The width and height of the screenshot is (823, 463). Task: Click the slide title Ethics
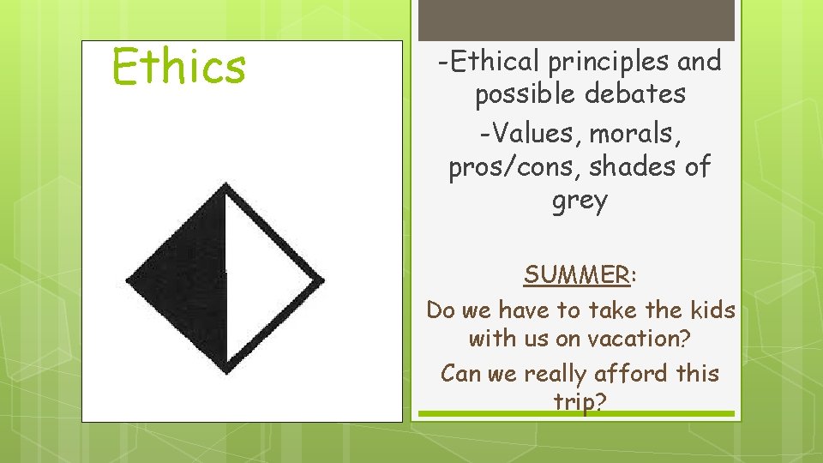(x=179, y=67)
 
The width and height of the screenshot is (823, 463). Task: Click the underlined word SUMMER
(x=576, y=275)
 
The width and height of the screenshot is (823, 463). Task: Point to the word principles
(x=603, y=62)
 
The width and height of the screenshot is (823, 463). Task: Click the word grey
(x=580, y=201)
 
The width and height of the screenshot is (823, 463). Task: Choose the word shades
(x=628, y=167)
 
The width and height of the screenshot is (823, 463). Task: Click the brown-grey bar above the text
(x=575, y=19)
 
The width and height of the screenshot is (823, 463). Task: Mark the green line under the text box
(x=575, y=414)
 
